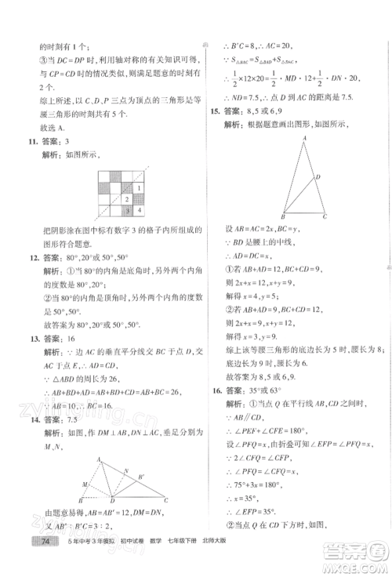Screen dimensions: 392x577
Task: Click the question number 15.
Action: (214, 112)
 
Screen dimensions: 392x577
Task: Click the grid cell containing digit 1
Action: (139, 188)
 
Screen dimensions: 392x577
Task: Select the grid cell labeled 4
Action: (139, 210)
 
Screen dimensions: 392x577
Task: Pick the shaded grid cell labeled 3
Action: (128, 210)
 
